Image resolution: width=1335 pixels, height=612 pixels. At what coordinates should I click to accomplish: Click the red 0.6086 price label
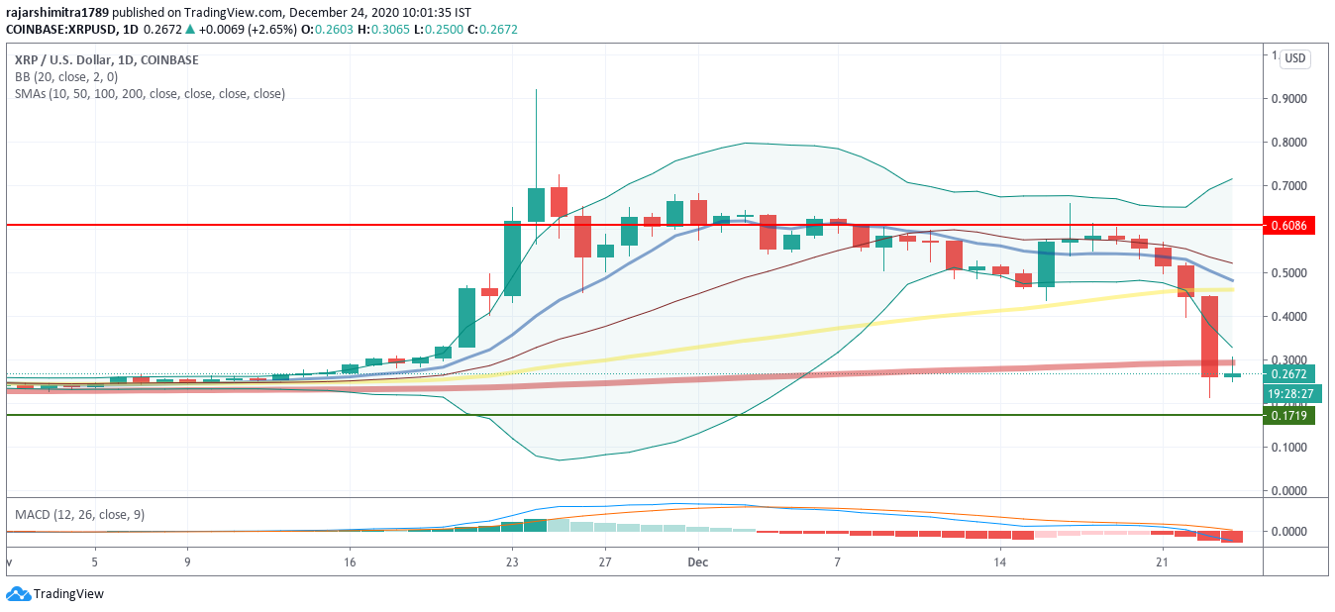(1290, 226)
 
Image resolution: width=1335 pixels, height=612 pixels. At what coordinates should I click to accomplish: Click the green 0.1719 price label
(1290, 416)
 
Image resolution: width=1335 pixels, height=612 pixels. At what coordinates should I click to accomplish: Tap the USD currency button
(1294, 59)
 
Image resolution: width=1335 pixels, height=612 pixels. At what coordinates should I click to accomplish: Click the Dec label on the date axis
(697, 561)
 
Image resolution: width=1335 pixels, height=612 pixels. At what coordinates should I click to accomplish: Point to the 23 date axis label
(512, 561)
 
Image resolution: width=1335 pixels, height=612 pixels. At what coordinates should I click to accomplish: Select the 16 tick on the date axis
(350, 561)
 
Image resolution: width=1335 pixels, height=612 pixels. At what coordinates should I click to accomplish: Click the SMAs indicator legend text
(150, 93)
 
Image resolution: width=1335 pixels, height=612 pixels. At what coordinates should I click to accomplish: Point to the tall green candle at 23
(512, 258)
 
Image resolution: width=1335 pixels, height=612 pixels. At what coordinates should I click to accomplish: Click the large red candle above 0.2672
(1209, 337)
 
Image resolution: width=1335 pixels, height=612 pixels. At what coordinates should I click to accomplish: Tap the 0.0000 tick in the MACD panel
(1289, 532)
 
